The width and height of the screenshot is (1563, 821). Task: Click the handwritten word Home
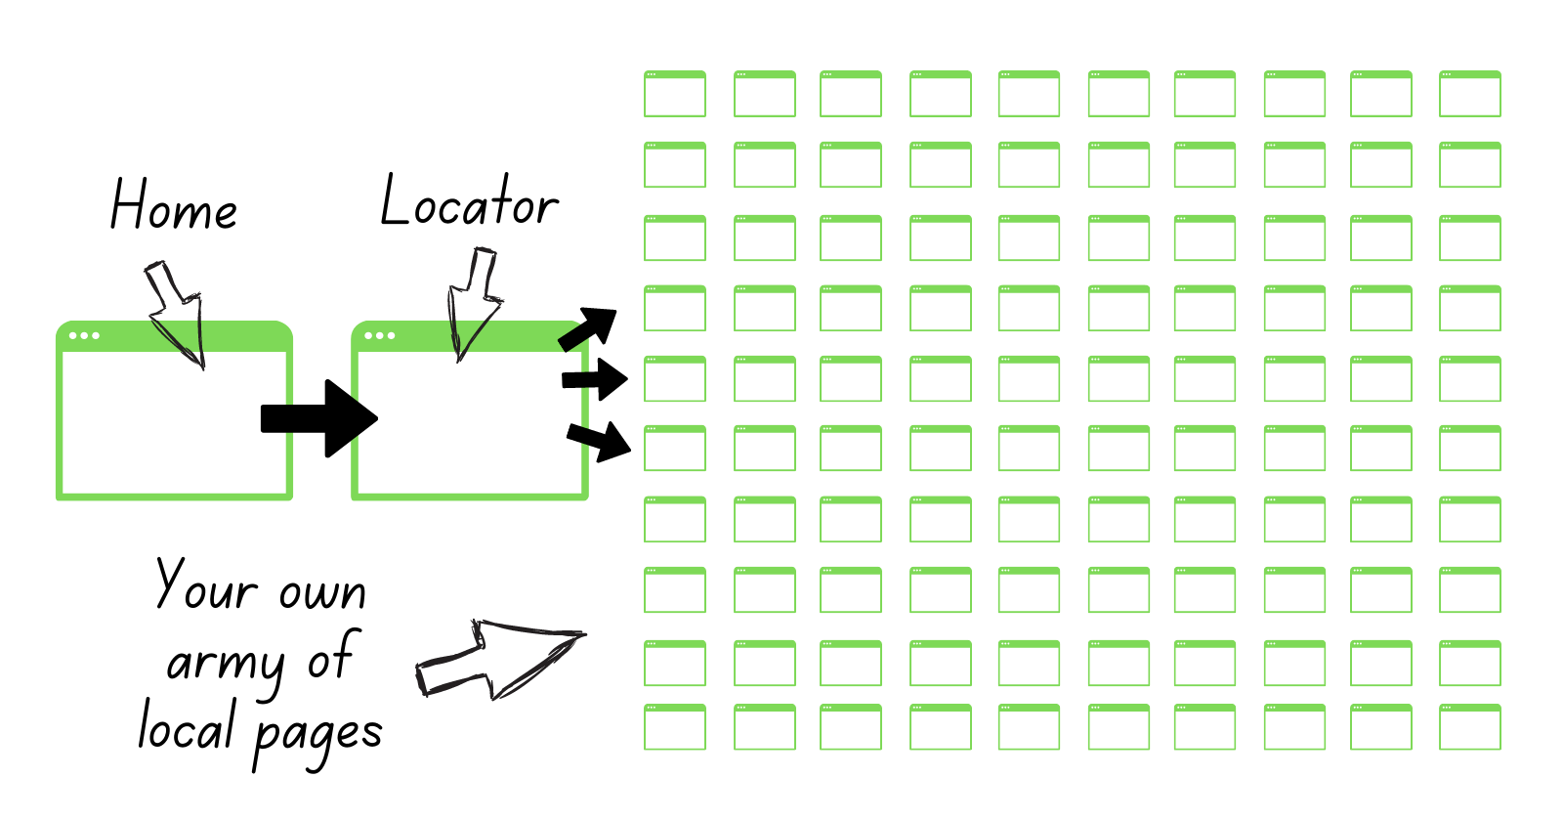click(x=173, y=205)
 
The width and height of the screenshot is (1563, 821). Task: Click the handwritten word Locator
click(x=469, y=202)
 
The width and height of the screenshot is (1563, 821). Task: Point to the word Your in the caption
click(x=206, y=586)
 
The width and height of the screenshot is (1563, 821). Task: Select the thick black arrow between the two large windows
click(x=318, y=418)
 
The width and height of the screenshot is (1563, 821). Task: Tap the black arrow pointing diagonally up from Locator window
click(x=589, y=328)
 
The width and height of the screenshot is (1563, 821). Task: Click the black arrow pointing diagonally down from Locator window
click(x=599, y=441)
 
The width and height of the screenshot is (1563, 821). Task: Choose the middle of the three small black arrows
click(x=595, y=379)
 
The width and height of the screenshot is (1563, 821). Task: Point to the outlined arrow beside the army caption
click(x=498, y=658)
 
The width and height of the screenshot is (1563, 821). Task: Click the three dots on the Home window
click(x=84, y=335)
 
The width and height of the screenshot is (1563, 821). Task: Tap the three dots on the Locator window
click(x=380, y=335)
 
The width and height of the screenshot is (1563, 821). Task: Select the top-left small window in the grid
click(x=675, y=94)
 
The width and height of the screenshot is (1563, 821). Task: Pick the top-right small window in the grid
click(x=1470, y=94)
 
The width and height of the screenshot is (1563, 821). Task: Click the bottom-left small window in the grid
click(x=675, y=727)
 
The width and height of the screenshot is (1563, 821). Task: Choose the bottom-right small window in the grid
click(x=1470, y=727)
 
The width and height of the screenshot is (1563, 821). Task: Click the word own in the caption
click(x=322, y=593)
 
